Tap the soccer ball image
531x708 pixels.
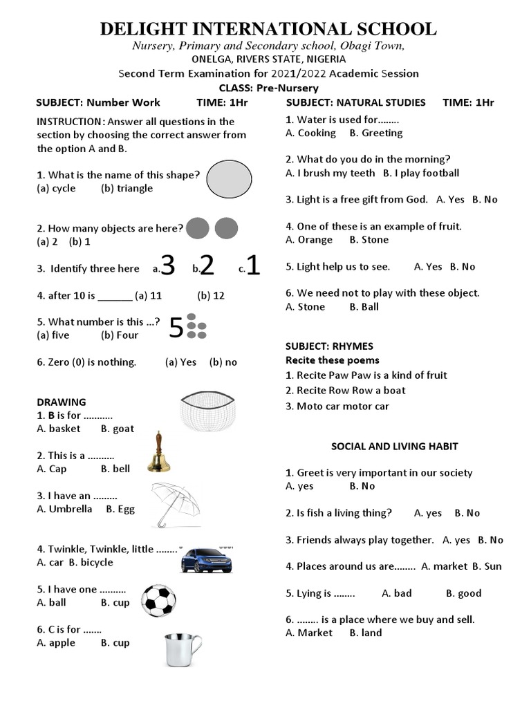click(x=158, y=600)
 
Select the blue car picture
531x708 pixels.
click(x=206, y=559)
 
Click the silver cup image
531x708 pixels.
click(x=183, y=650)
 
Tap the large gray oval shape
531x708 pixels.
click(x=229, y=179)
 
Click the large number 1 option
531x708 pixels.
click(x=253, y=265)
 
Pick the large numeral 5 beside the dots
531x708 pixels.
click(x=176, y=328)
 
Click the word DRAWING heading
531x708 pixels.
click(x=62, y=402)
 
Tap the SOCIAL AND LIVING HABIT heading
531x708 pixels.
click(x=394, y=446)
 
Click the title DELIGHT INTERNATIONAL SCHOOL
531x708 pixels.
click(x=268, y=29)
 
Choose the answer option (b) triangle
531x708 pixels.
click(x=127, y=188)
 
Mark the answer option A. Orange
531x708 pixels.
click(x=309, y=240)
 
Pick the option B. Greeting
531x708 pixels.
click(x=376, y=133)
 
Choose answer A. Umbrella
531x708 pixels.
click(x=64, y=509)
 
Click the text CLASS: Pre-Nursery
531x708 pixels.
click(x=268, y=88)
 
